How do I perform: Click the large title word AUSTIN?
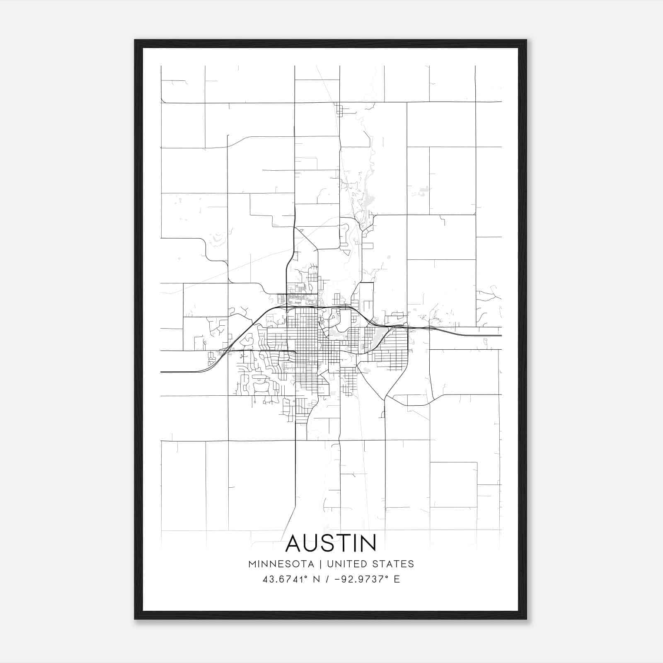click(331, 543)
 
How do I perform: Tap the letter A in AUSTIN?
click(295, 543)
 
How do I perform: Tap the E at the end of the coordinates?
click(397, 579)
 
